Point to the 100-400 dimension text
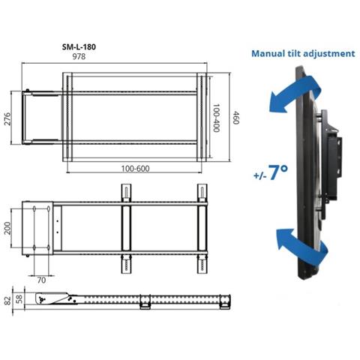tap(216, 117)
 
